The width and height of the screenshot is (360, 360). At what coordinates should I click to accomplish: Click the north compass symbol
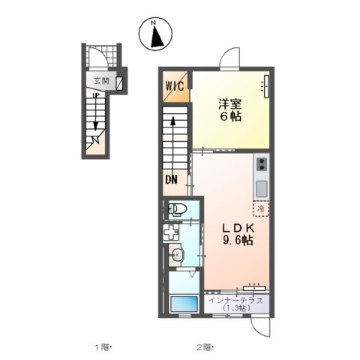pos(155,34)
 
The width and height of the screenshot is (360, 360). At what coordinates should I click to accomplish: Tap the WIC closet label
pos(175,86)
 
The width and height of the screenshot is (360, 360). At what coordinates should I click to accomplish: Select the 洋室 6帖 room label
pos(230,110)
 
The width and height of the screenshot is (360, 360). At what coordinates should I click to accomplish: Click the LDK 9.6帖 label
pos(238,234)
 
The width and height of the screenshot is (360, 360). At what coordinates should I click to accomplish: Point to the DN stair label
pos(171,179)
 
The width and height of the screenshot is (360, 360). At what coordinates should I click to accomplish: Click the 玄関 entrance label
pos(101,81)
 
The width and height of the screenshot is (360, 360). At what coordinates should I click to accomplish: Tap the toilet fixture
pos(177,209)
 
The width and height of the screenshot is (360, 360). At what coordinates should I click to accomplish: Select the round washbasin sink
pos(177,255)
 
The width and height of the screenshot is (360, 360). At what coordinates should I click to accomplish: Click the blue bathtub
pos(184,303)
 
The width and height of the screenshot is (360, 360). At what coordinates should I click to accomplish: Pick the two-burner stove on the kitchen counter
pos(262,164)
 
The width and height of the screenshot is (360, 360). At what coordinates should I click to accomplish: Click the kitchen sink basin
pos(262,189)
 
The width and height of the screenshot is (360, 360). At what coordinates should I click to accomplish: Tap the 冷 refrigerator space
pos(261,209)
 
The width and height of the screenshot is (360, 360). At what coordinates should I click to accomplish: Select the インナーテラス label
pos(235,300)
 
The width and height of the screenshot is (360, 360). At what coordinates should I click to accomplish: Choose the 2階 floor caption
pos(205,347)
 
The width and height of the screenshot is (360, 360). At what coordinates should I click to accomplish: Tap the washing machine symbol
pos(171,232)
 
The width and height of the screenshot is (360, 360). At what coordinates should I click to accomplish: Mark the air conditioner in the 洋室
pos(266,86)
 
